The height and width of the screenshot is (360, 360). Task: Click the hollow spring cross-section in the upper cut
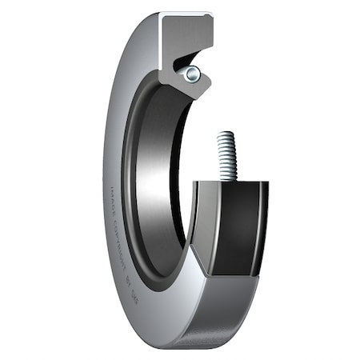(x=191, y=74)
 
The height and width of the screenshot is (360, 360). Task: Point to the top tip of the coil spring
(x=226, y=135)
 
